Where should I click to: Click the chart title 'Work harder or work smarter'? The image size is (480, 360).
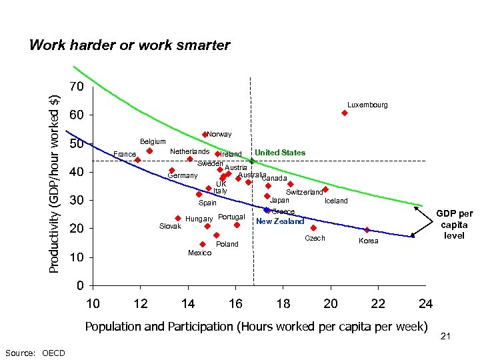coord(129,46)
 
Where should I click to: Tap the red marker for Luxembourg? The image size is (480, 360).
coord(345,113)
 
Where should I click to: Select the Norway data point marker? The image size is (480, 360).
coord(205,135)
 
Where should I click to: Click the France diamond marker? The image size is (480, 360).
coord(137,160)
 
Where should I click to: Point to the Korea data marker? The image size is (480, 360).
coord(367,230)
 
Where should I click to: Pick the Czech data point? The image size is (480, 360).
coord(313,228)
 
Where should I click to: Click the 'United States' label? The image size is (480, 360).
coord(280,153)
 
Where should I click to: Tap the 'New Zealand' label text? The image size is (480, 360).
coord(280,221)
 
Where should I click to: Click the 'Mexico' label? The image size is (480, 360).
coord(200,253)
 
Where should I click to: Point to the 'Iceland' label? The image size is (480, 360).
coord(336,201)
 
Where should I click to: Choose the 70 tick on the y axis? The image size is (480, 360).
coord(77,87)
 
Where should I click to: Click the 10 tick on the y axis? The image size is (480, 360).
coord(77,257)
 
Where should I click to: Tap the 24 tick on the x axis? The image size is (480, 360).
coord(425,305)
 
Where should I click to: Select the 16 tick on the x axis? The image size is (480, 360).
coord(235,305)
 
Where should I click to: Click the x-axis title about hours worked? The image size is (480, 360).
coord(255,327)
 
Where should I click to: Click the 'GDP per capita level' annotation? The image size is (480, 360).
coord(454,225)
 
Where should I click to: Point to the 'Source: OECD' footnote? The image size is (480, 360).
coord(35,353)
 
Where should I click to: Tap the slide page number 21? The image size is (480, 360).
coord(445,337)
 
